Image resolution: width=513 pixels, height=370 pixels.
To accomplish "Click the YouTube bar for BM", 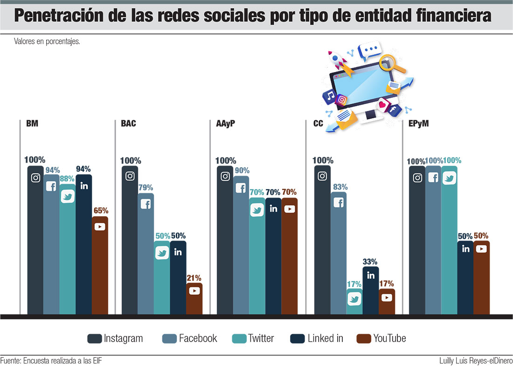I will click(x=100, y=266).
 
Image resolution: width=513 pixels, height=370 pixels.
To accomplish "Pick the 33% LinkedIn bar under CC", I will click(x=371, y=291).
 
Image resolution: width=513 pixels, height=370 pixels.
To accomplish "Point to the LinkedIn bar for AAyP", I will click(x=273, y=256).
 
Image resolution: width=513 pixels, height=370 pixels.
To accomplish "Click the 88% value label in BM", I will click(x=67, y=178).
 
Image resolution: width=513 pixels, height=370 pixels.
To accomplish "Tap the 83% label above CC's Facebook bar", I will click(x=339, y=187).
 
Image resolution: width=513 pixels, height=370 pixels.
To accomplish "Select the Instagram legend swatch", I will click(x=95, y=339).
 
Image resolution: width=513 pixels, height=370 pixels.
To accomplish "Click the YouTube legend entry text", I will click(x=389, y=339).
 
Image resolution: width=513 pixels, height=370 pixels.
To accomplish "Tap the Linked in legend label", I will click(x=325, y=339).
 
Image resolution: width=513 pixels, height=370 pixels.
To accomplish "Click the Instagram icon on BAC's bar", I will click(x=130, y=176).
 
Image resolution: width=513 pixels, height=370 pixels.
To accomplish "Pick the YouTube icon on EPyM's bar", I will click(x=481, y=249).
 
